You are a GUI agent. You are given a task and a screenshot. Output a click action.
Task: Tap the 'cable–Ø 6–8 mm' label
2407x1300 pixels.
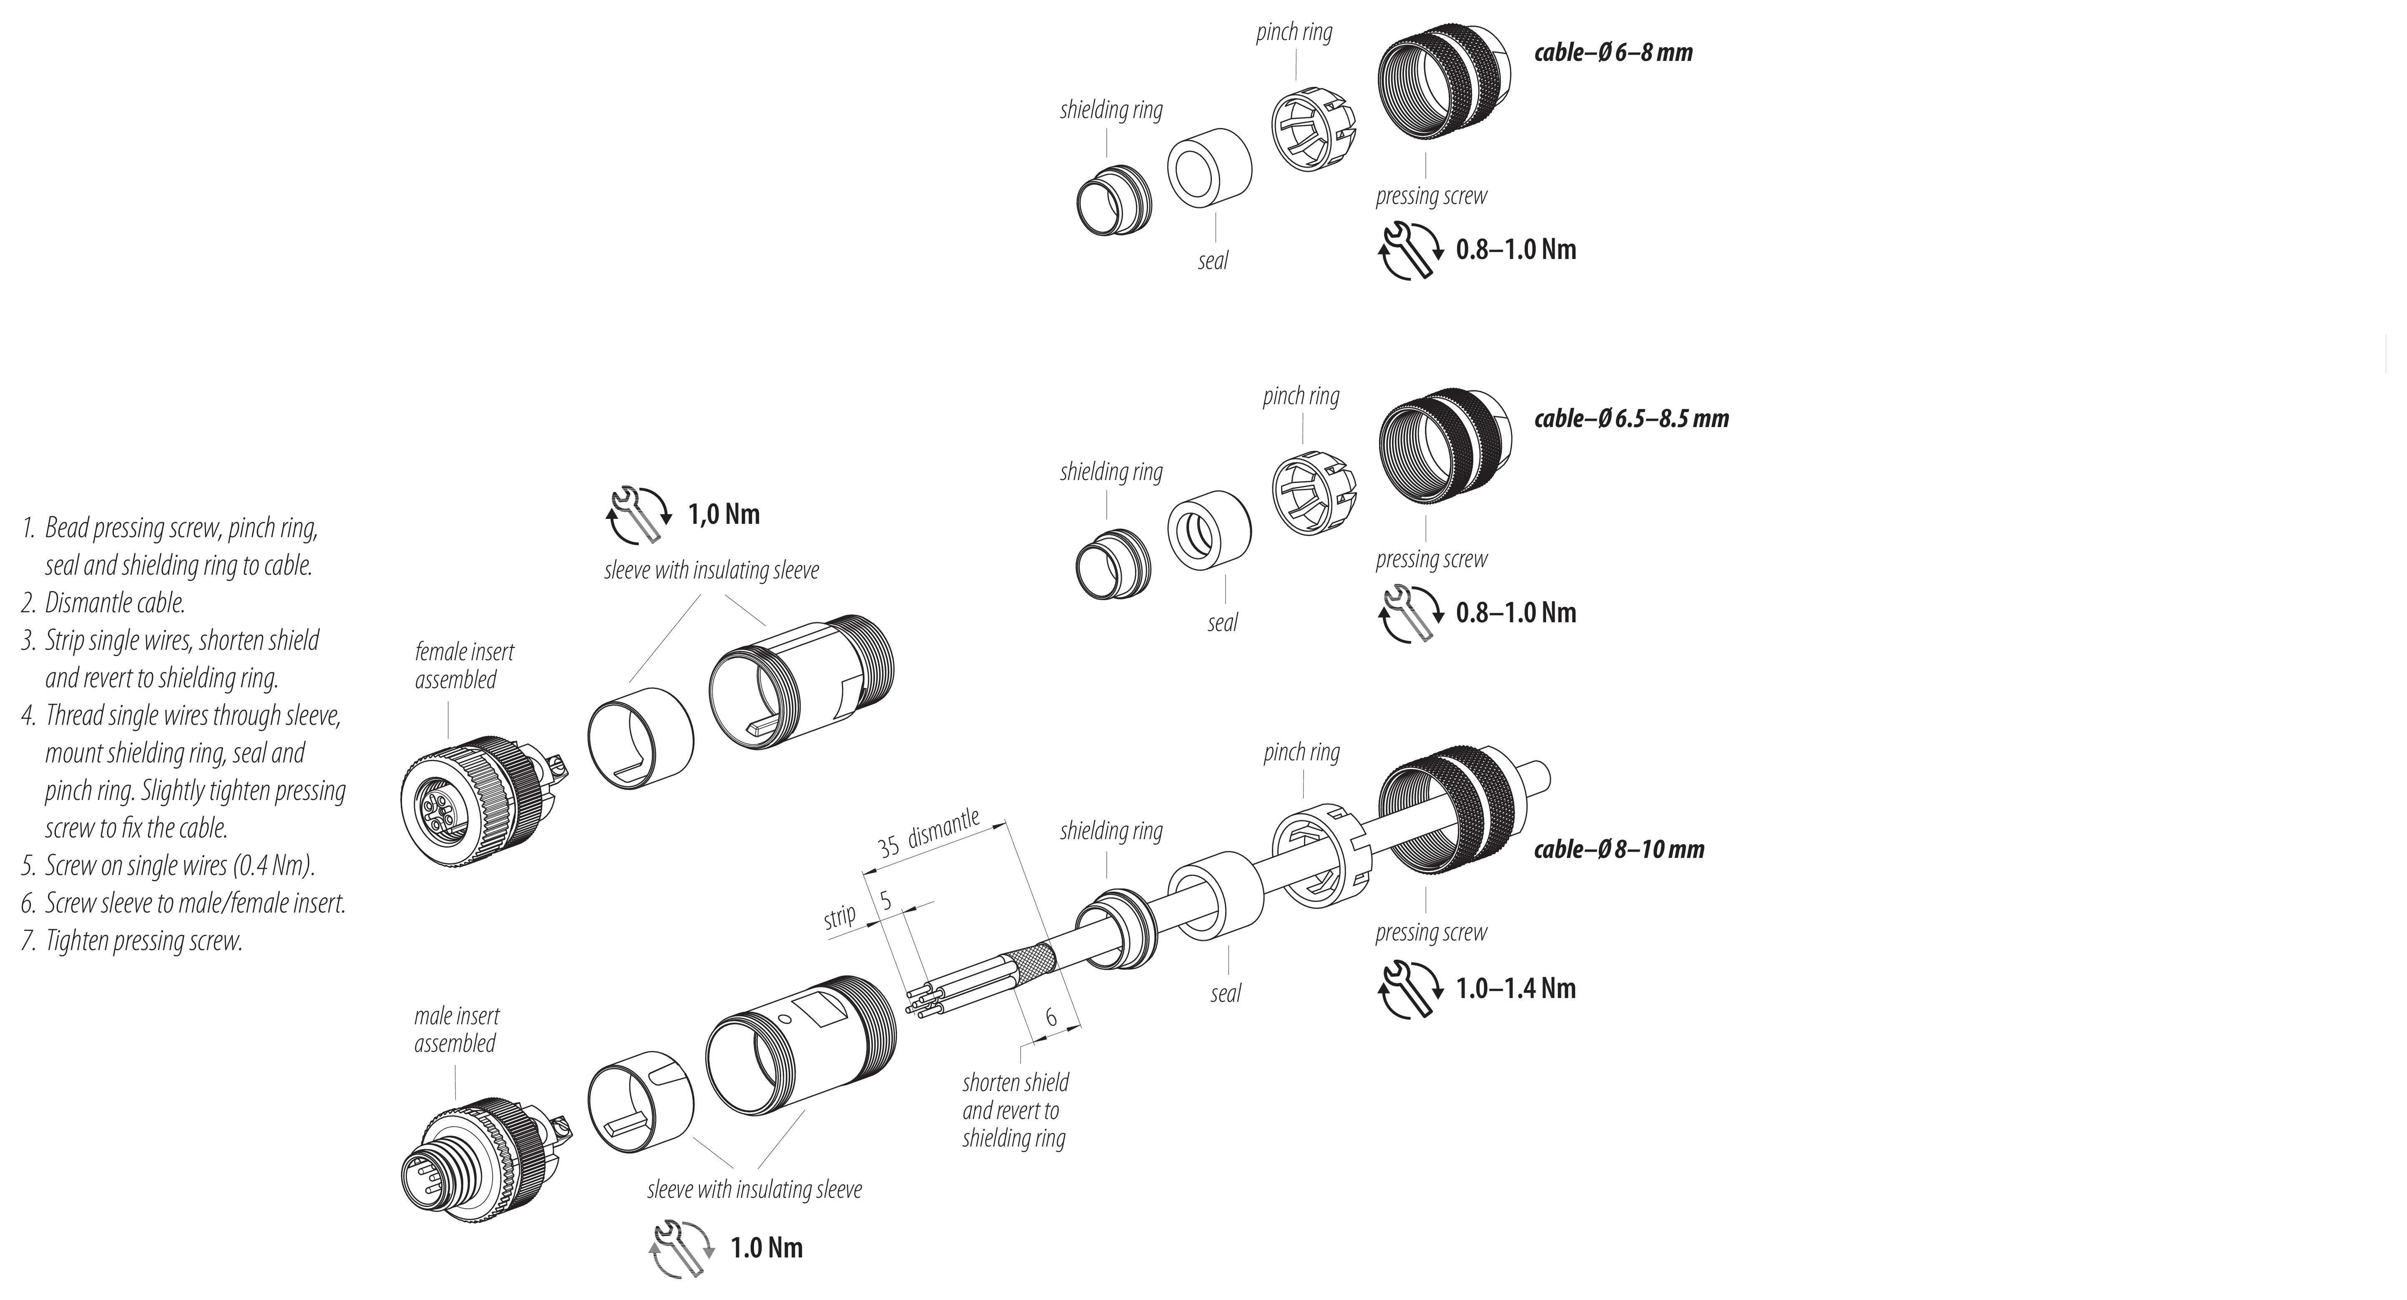(1613, 52)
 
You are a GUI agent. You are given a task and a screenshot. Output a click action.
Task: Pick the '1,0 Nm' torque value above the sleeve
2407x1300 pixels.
(724, 514)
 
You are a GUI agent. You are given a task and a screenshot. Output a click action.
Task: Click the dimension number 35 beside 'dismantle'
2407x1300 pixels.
(889, 846)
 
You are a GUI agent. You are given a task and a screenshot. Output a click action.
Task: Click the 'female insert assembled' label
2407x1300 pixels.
(465, 665)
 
